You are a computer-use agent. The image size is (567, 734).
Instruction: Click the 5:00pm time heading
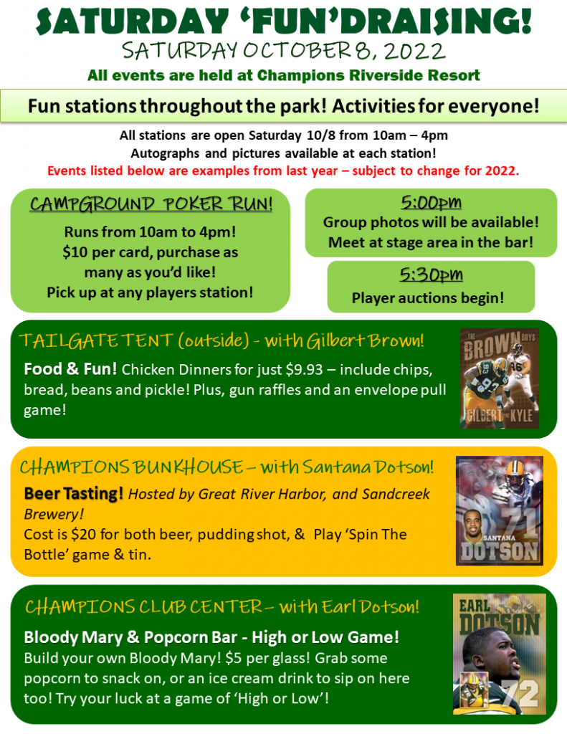[431, 203]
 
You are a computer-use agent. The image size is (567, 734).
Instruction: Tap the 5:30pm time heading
[431, 275]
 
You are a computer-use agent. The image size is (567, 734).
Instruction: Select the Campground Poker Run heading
[151, 204]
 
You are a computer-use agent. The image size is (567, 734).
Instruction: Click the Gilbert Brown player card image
[500, 378]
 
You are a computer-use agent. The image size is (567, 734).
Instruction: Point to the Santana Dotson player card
[500, 510]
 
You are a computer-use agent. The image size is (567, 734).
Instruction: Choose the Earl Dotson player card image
[500, 654]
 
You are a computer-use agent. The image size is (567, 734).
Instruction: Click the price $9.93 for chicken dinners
[305, 370]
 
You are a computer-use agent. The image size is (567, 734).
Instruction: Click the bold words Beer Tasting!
[74, 493]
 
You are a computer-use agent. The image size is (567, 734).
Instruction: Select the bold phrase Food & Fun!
[70, 369]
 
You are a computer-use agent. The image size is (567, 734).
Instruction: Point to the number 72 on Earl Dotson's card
[520, 694]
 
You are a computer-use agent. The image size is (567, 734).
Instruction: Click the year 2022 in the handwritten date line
[415, 51]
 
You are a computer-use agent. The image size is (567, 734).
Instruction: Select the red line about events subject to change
[283, 171]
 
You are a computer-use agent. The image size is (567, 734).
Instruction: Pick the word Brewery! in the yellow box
[54, 514]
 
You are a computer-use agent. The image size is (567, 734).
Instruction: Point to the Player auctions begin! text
[428, 297]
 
